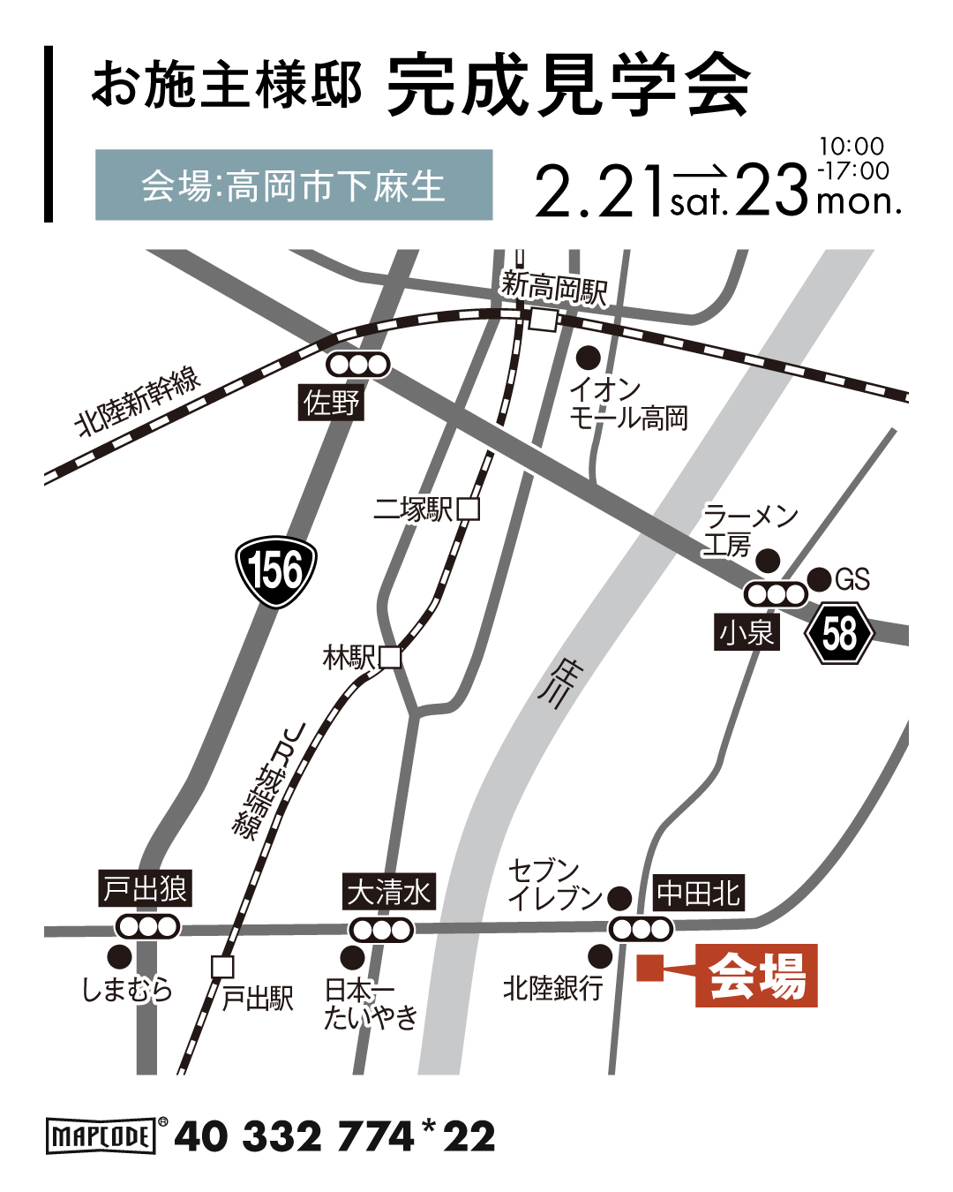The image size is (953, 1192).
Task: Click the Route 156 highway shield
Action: (276, 571)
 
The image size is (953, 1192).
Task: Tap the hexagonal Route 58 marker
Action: (839, 633)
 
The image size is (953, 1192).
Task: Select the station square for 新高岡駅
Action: (543, 319)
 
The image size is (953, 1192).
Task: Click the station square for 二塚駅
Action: (468, 509)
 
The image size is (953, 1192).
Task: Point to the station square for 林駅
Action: (389, 657)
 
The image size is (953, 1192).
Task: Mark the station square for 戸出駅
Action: (222, 966)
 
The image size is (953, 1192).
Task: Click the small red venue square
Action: (649, 969)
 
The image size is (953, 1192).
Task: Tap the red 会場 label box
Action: (756, 976)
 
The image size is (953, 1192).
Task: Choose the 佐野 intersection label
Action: (331, 404)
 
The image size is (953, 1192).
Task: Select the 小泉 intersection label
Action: (747, 633)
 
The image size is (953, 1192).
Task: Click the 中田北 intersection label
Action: (698, 894)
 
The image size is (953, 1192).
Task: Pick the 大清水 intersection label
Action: (388, 892)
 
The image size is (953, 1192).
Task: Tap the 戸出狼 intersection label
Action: (146, 888)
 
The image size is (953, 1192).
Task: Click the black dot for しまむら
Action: (119, 957)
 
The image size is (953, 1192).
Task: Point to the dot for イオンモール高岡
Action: (588, 358)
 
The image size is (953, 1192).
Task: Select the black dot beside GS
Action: (819, 579)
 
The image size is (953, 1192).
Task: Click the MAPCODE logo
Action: (101, 1135)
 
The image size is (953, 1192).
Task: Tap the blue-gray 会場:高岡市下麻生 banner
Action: (294, 185)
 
